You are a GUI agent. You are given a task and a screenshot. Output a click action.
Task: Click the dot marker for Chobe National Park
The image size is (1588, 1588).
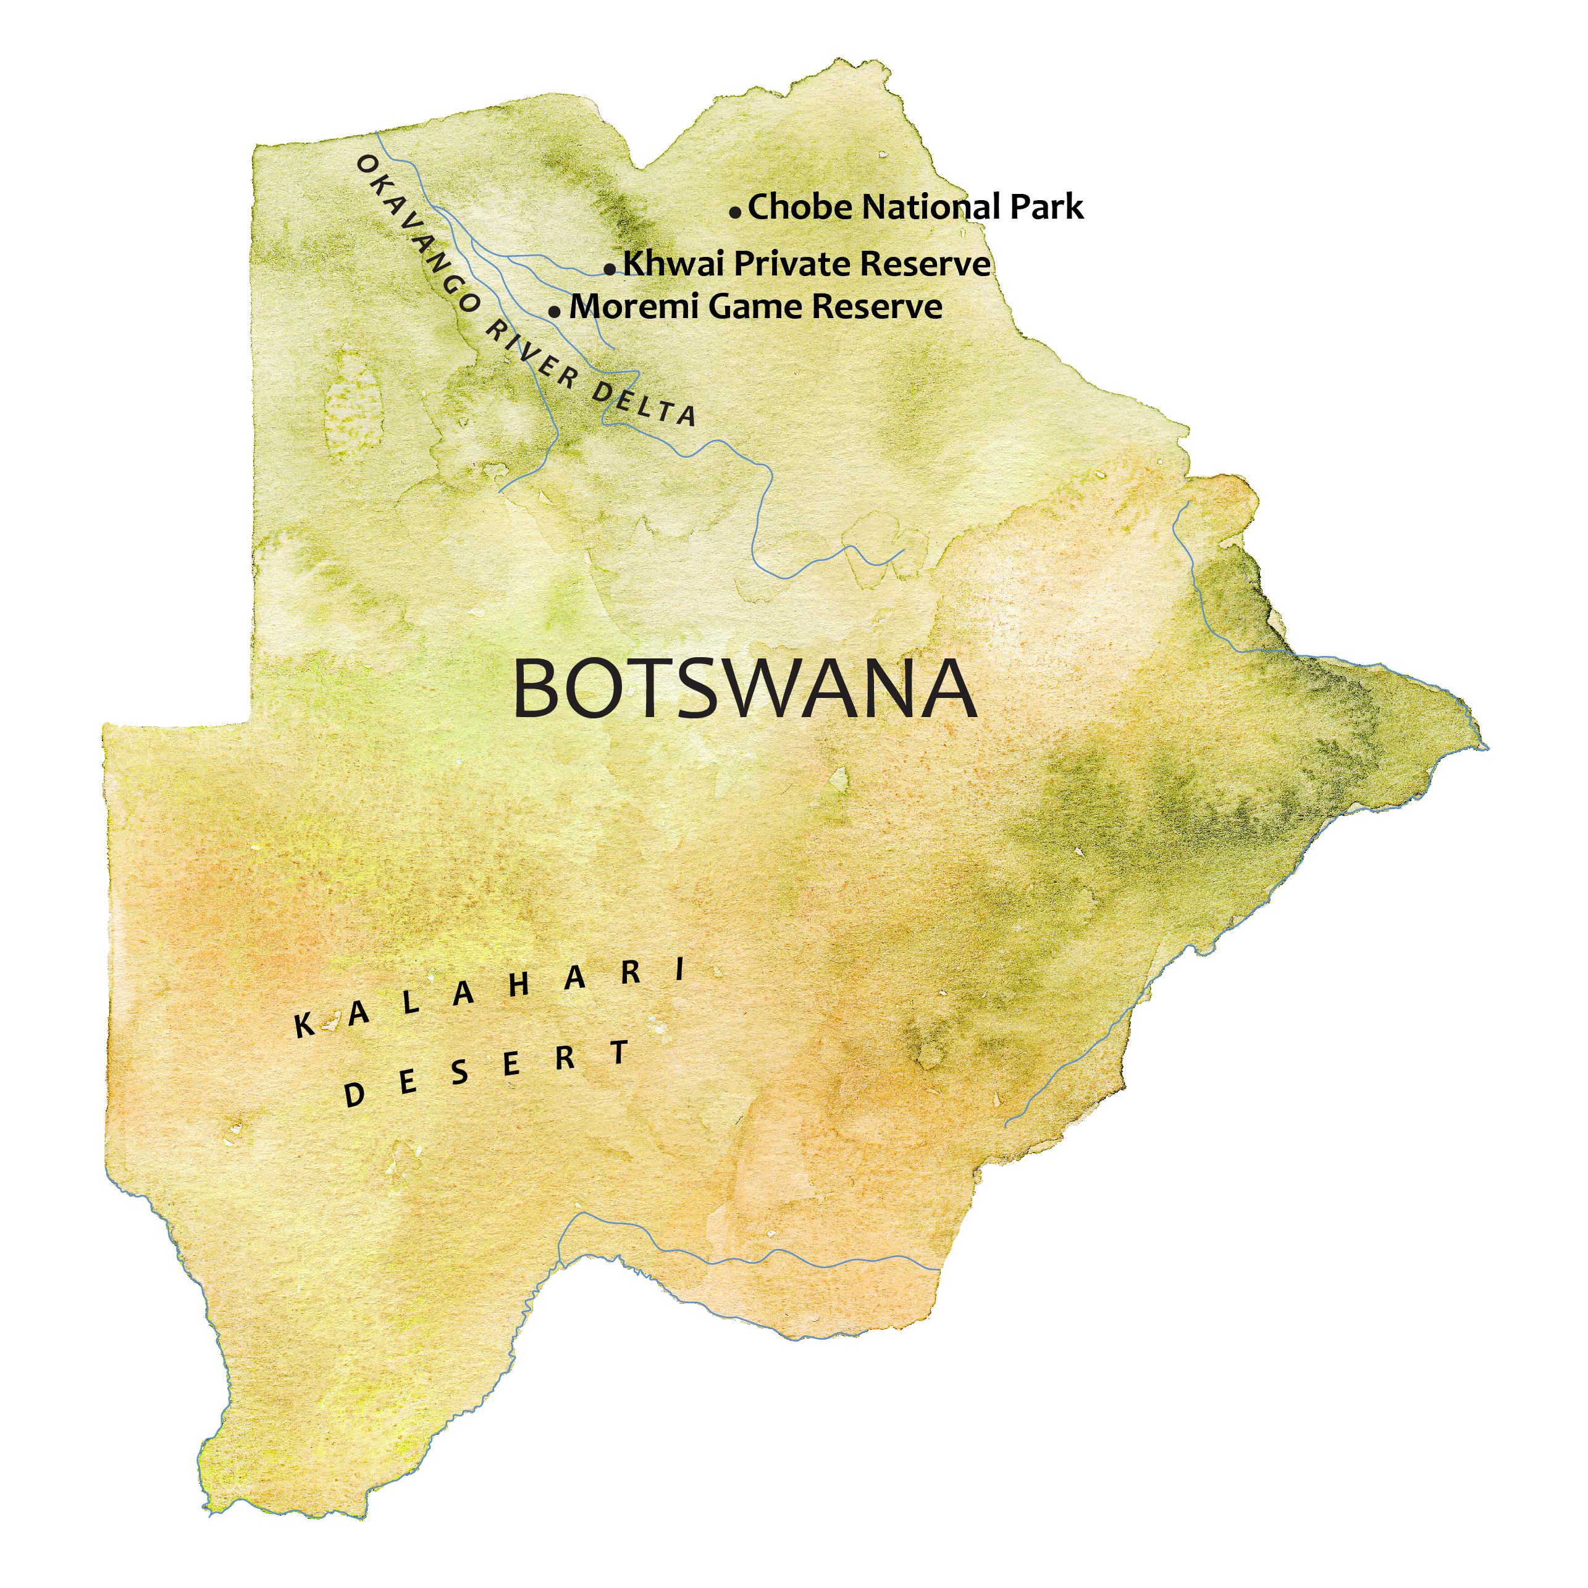click(735, 212)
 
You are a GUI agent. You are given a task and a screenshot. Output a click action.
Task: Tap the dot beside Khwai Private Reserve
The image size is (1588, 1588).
click(609, 269)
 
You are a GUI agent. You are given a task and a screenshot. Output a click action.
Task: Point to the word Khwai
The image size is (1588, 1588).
click(674, 264)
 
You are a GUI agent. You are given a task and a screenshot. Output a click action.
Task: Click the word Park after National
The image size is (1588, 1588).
click(1046, 207)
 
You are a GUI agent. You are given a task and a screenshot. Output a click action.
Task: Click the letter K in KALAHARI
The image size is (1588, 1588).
click(304, 1026)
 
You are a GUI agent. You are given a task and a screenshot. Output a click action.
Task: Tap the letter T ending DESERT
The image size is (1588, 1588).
click(620, 1052)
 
